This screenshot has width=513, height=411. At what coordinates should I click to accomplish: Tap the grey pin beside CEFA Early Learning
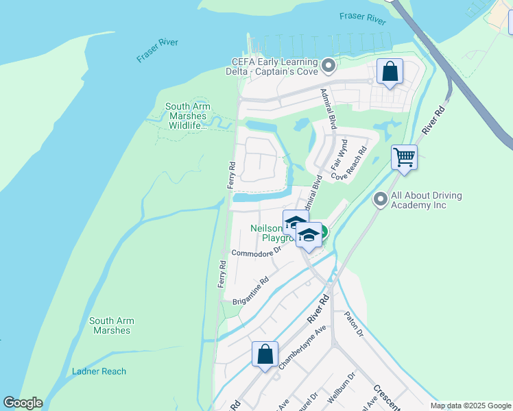(x=329, y=66)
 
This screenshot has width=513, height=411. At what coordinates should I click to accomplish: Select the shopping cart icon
(x=404, y=157)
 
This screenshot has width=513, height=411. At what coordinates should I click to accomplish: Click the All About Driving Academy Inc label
(x=427, y=200)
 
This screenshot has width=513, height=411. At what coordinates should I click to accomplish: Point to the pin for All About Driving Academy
(x=381, y=199)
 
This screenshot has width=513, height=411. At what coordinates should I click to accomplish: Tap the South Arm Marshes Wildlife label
(x=188, y=116)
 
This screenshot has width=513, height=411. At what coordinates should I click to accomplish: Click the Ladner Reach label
(x=99, y=371)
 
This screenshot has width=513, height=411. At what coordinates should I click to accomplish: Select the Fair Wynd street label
(x=339, y=155)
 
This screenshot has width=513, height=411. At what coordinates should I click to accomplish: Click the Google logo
(x=23, y=403)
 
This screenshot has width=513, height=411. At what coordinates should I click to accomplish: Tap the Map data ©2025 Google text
(x=471, y=406)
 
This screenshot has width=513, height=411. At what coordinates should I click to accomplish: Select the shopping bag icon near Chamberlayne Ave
(x=265, y=355)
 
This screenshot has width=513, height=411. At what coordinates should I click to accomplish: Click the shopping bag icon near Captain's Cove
(x=390, y=72)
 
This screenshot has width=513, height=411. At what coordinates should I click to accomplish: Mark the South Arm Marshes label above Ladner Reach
(x=111, y=325)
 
